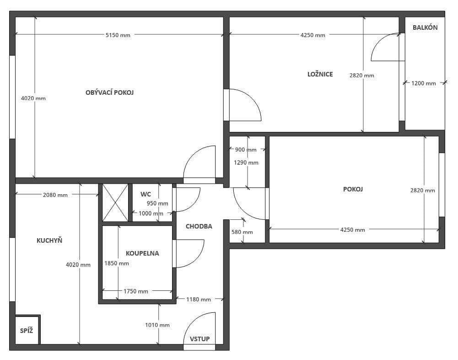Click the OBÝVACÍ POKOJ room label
[109, 93]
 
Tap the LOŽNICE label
[320, 74]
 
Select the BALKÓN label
[425, 27]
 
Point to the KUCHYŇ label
[49, 240]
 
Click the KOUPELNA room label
[142, 253]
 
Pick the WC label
[145, 194]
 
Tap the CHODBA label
[199, 226]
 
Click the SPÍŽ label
[26, 331]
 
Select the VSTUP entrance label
[200, 339]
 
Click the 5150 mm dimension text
[118, 35]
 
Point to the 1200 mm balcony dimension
[424, 83]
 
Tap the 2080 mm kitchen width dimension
[55, 195]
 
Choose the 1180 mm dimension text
[198, 300]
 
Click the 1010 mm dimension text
[157, 325]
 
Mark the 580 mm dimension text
[242, 232]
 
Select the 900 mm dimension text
[246, 150]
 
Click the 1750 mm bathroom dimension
[135, 291]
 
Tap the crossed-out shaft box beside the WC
[115, 202]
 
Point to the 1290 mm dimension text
[246, 163]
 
